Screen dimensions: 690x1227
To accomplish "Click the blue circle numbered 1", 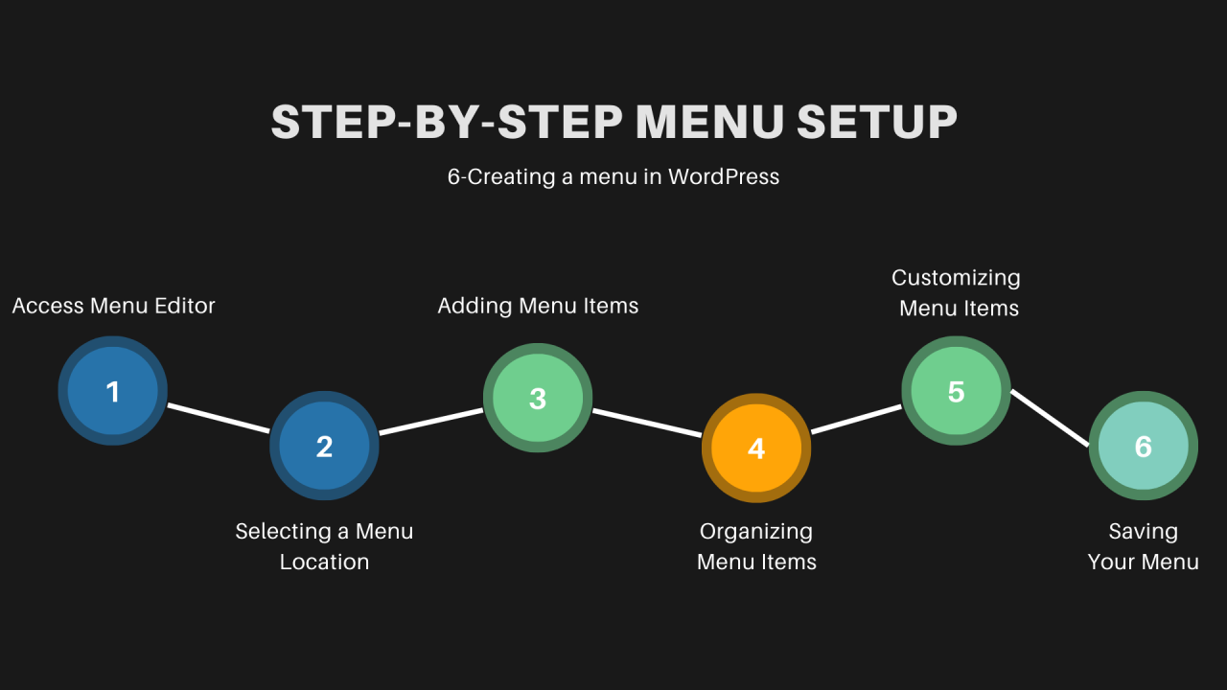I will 113,391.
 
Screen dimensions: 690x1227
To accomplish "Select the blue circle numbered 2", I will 324,446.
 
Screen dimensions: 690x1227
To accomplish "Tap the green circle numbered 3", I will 538,399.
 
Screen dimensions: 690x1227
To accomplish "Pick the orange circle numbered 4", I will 756,448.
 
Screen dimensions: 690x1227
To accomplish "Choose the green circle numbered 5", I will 956,391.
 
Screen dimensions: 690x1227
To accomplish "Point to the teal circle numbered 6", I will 1143,446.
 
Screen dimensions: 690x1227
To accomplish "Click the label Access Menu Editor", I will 113,306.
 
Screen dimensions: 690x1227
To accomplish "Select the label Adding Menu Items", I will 538,306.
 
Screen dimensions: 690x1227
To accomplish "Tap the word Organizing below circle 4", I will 756,531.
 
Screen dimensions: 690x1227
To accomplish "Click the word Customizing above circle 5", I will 956,278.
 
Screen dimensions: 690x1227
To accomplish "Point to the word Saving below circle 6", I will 1143,531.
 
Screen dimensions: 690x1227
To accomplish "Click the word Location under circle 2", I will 324,562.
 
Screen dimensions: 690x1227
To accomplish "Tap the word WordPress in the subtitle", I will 724,177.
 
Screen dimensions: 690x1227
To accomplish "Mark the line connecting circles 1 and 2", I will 219,418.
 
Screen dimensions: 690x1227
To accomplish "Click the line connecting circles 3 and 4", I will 647,424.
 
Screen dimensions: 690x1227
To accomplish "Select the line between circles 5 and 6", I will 1051,418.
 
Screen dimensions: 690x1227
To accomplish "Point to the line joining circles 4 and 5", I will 856,420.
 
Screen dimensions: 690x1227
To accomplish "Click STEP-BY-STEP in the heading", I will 447,123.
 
